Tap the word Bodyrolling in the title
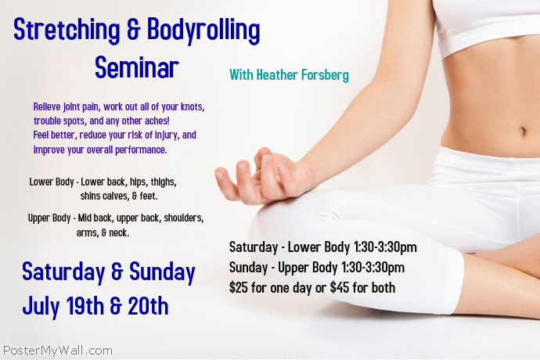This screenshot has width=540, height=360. point(199,31)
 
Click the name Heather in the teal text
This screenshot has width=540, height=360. point(276,75)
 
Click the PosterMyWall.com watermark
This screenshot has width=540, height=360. point(57,351)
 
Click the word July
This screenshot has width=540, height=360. point(41,305)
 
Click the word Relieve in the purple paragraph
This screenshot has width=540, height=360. point(49,106)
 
